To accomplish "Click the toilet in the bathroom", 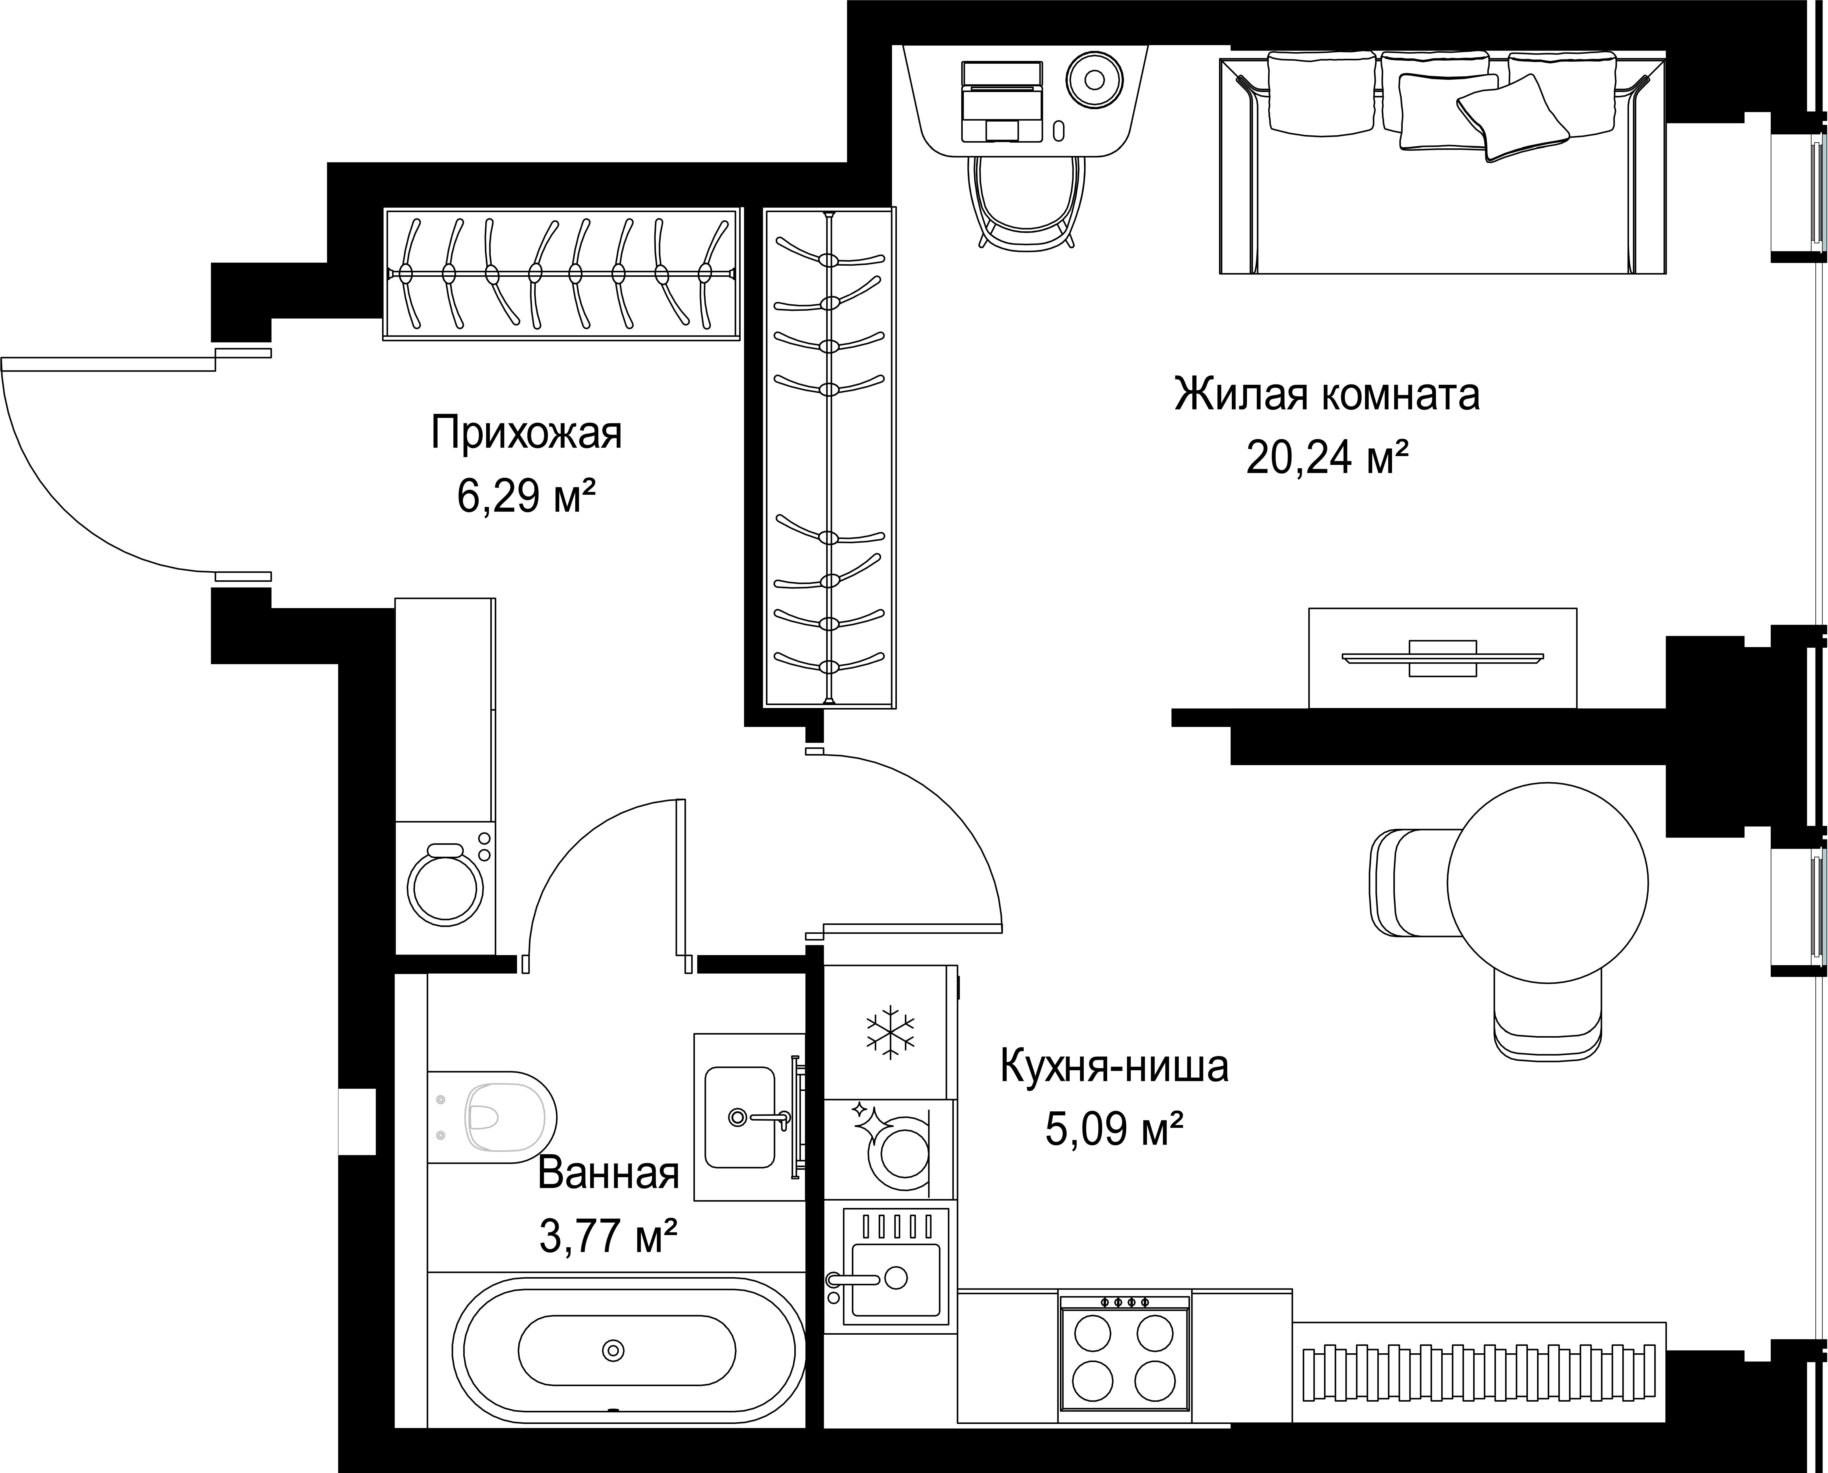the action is tap(492, 1117).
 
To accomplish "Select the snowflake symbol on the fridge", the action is tap(889, 1033).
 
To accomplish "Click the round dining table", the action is tap(1547, 883).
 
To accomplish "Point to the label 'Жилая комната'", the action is tap(1327, 395).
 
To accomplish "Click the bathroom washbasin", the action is tap(740, 1117).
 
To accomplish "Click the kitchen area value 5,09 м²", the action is tap(1114, 1129).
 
